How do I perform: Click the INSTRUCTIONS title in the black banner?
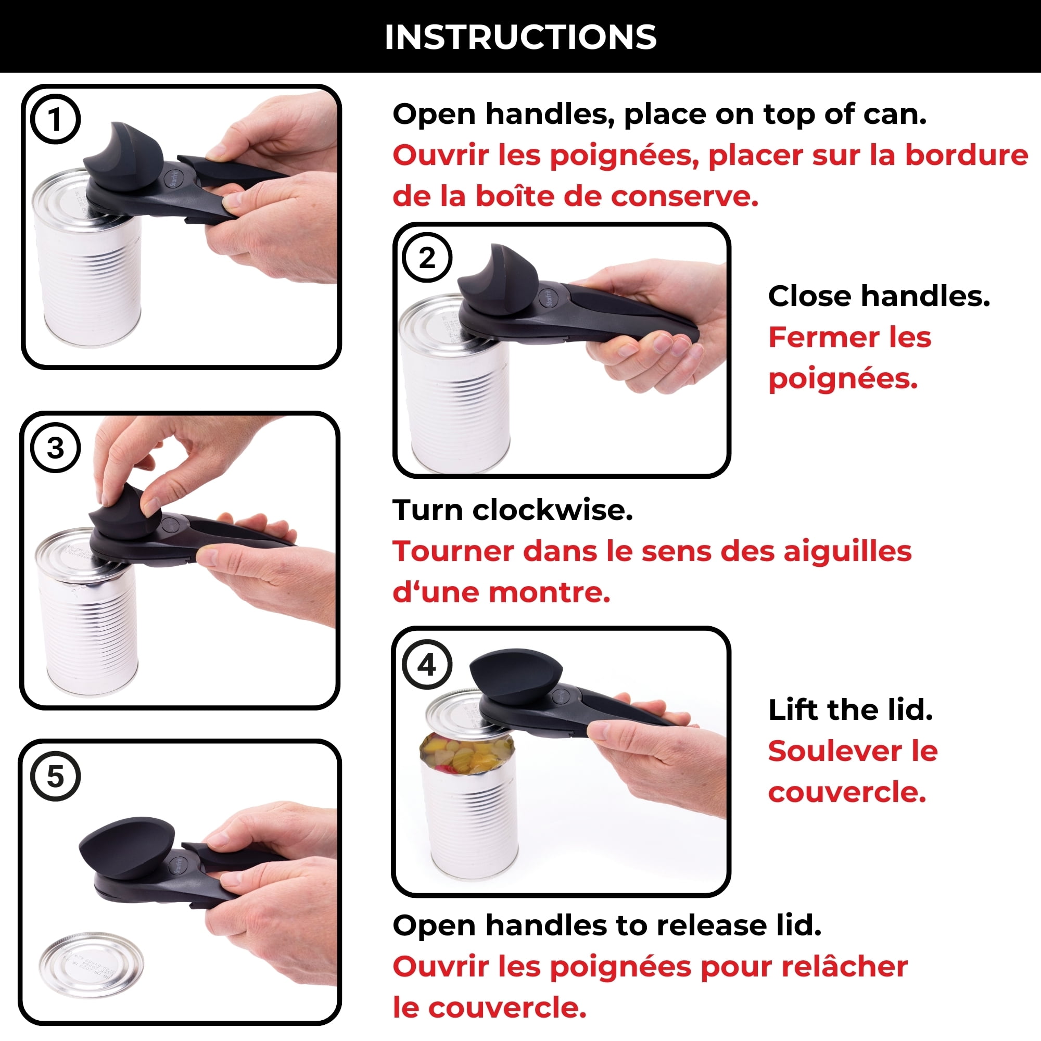coord(520,36)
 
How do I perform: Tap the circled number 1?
coord(55,119)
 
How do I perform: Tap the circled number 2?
coord(427,258)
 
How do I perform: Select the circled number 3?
coord(55,448)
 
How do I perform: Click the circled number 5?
coord(55,777)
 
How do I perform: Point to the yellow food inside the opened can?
coord(466,754)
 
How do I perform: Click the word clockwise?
coord(552,510)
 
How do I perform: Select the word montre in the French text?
coord(550,592)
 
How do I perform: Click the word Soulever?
coord(834,751)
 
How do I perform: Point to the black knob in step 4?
coord(516,674)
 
